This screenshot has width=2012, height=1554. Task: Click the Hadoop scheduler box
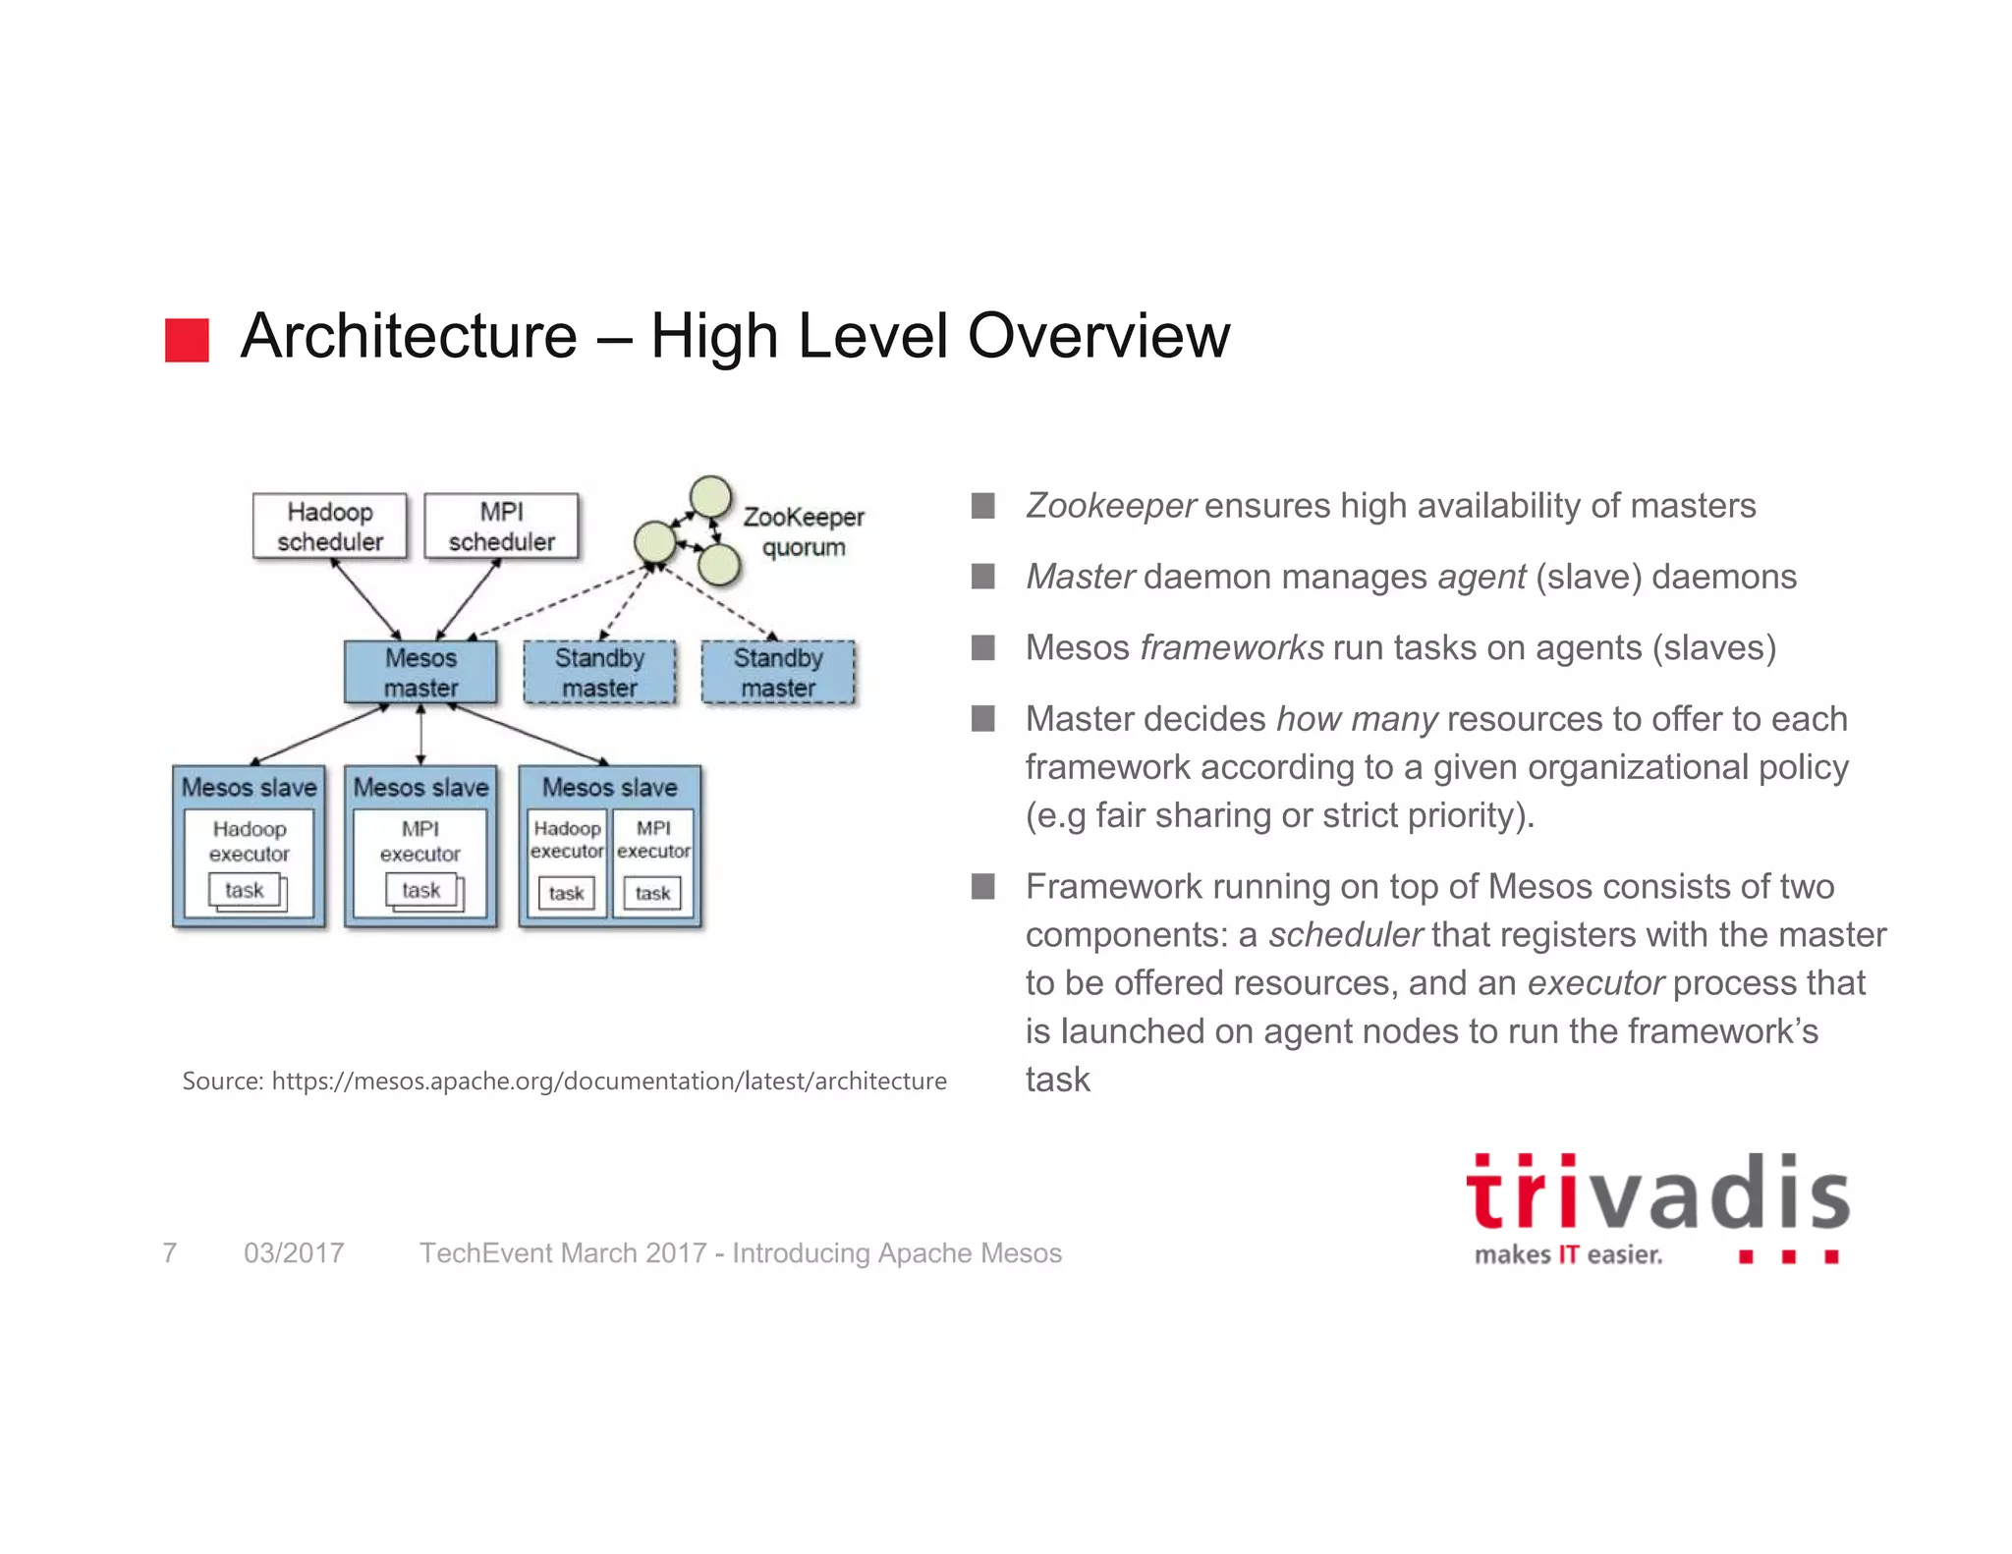coord(329,527)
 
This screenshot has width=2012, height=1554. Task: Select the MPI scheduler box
coord(501,527)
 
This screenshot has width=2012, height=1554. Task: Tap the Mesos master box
coord(420,673)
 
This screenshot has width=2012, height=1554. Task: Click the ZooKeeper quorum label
coord(803,531)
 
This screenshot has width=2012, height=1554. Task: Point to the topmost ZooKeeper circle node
coord(710,496)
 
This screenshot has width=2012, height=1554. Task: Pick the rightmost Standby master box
coord(778,673)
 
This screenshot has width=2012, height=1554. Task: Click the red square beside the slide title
coord(187,340)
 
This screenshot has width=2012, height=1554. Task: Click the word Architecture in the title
coord(409,336)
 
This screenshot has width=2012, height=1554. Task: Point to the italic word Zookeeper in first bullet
coord(1110,506)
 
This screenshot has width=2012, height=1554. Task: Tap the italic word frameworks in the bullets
coord(1231,648)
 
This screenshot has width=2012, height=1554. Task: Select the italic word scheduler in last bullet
coord(1345,935)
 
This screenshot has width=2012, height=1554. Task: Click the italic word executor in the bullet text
coord(1594,983)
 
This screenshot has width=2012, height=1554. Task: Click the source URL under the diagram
coord(608,1082)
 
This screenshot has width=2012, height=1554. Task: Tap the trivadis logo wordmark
coord(1657,1194)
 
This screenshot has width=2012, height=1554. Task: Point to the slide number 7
coord(170,1253)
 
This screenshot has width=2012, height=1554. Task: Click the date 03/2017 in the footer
coord(294,1253)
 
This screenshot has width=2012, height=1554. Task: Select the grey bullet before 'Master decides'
coord(982,719)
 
